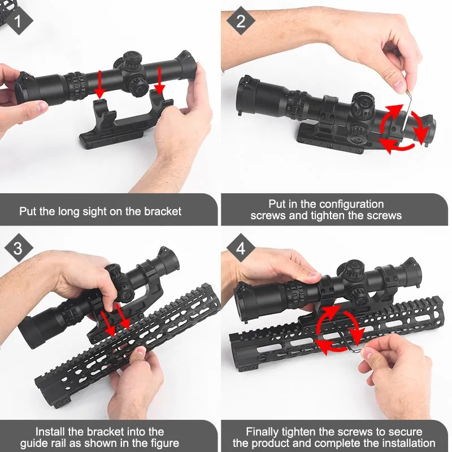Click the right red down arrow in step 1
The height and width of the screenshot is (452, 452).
(160, 80)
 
